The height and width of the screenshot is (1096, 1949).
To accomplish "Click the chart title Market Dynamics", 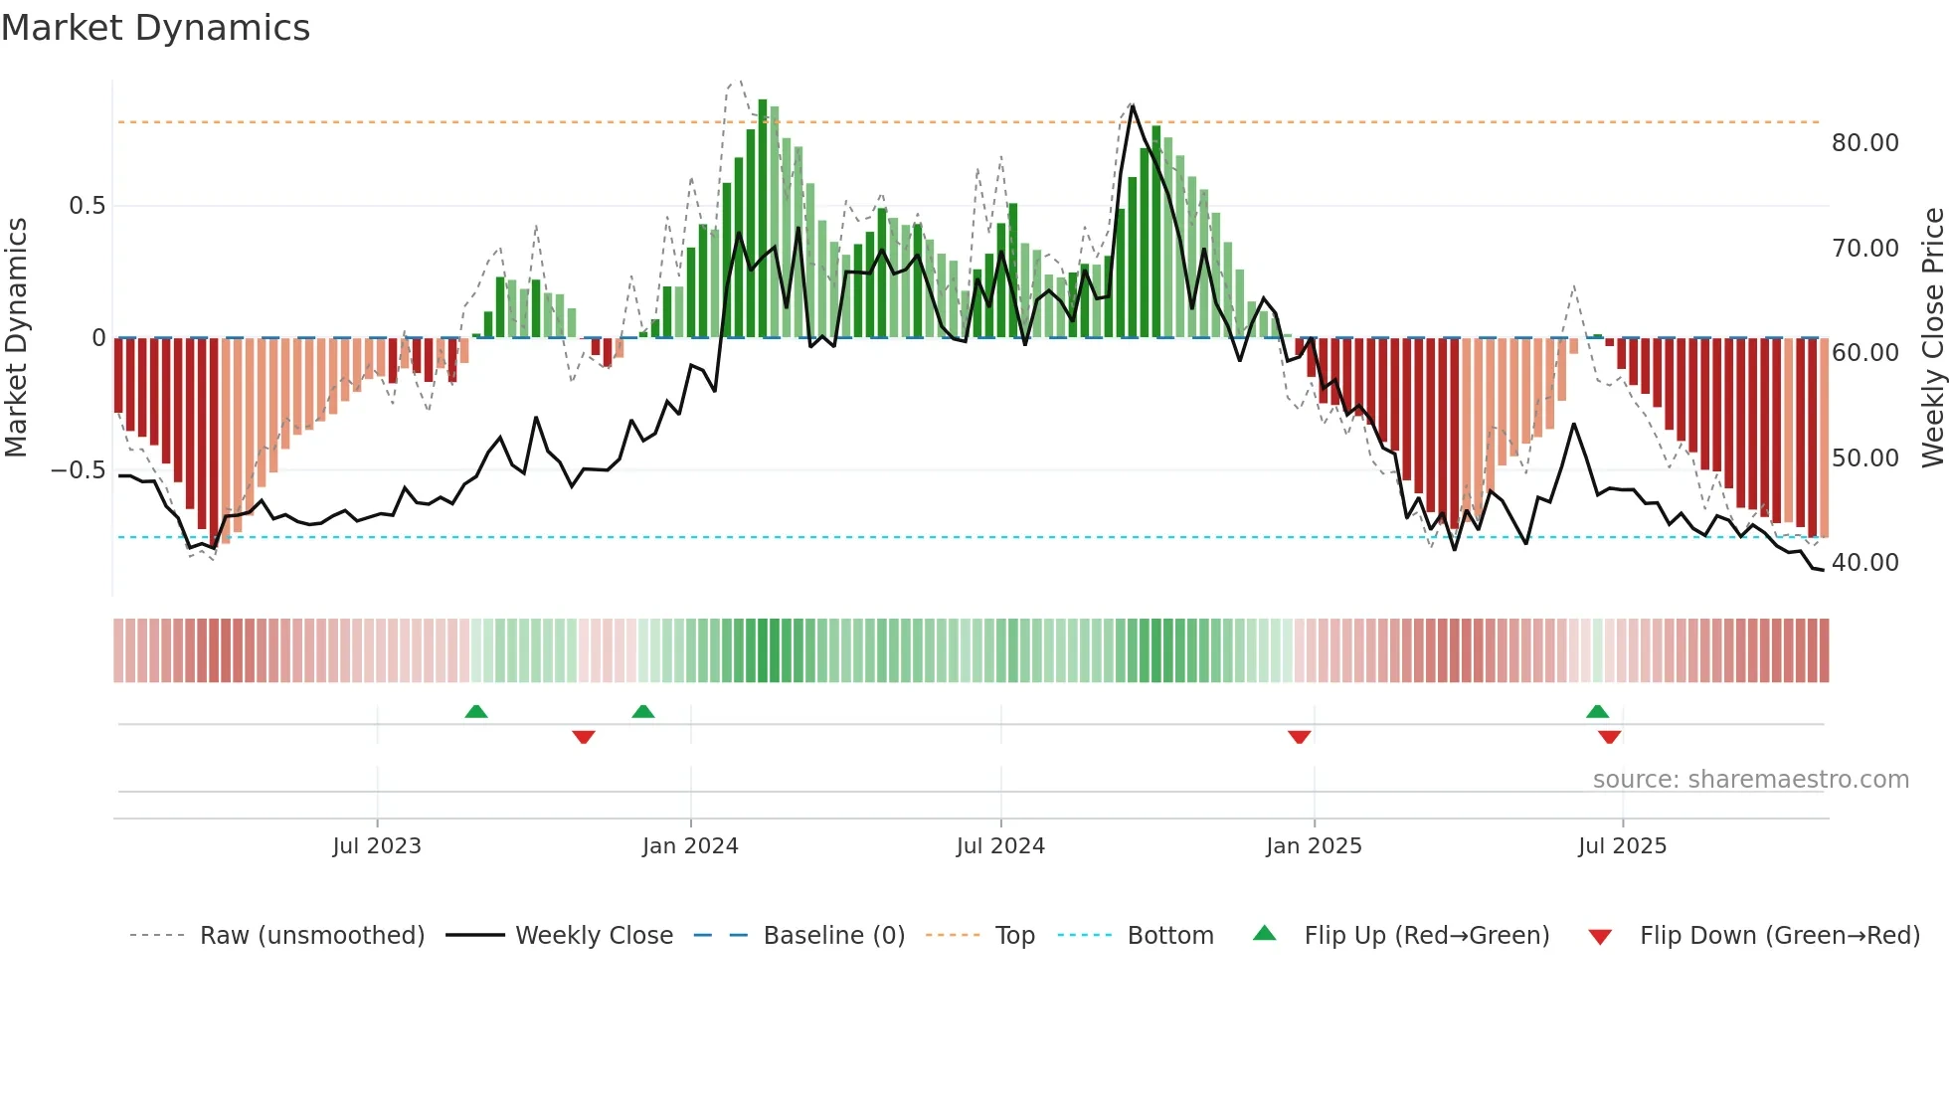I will click(x=155, y=28).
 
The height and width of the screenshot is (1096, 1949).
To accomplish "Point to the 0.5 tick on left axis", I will click(x=87, y=206).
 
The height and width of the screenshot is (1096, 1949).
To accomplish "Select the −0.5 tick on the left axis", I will click(x=78, y=469).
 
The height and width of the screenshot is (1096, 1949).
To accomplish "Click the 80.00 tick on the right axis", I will click(x=1864, y=143).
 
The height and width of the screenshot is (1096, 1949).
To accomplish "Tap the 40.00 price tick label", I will click(x=1864, y=563).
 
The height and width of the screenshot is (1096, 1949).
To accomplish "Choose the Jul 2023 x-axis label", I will click(x=377, y=846).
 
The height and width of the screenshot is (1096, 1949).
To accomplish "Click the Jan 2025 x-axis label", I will click(x=1314, y=846).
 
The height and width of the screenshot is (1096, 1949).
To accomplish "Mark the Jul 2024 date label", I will click(x=1000, y=846).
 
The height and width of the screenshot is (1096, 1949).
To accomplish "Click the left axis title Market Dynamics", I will click(x=16, y=338).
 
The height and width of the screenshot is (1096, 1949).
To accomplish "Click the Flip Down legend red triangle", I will click(x=1600, y=937).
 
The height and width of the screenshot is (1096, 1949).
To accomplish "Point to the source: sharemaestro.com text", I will click(x=1750, y=780).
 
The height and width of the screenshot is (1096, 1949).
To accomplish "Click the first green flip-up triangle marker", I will click(x=476, y=711).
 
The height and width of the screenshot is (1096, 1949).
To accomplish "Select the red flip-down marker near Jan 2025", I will click(x=1299, y=737).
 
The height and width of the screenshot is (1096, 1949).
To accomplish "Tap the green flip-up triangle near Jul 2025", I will click(x=1597, y=711).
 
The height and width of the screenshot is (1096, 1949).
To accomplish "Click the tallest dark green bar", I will click(x=763, y=219).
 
